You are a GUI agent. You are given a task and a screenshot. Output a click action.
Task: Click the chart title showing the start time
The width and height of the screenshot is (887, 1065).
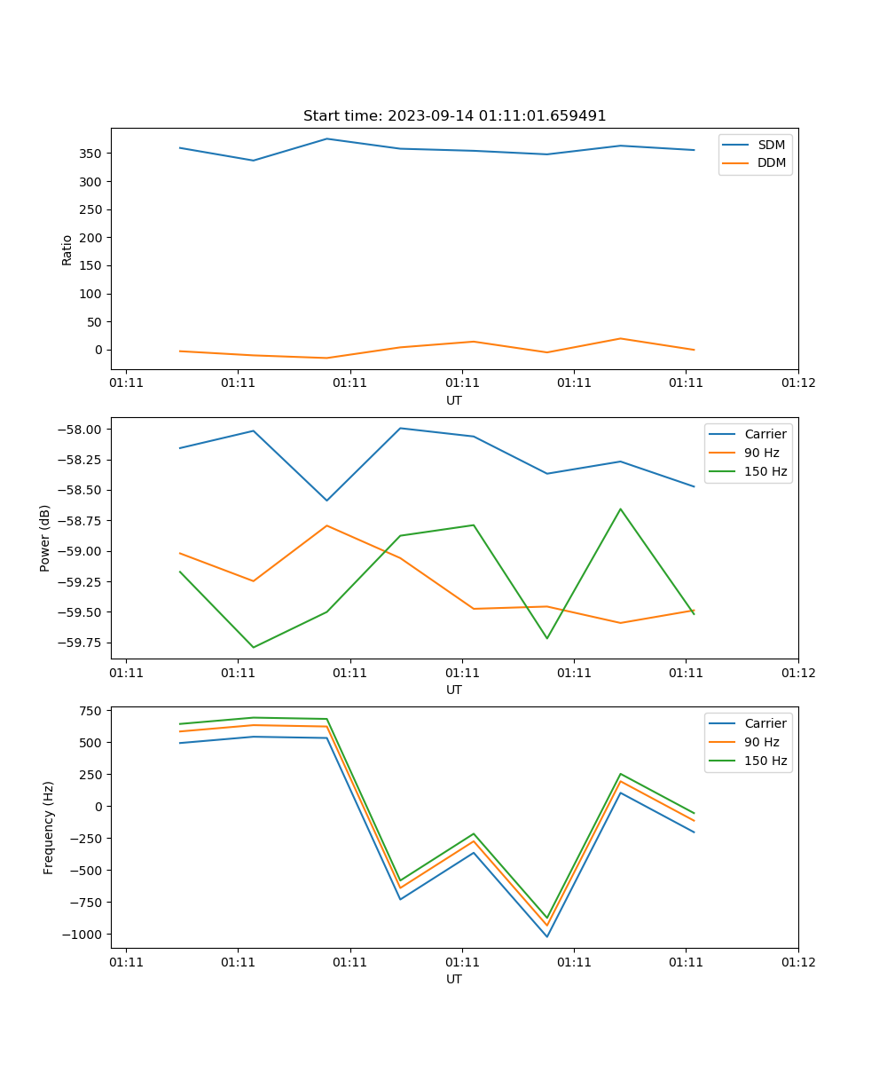point(454,116)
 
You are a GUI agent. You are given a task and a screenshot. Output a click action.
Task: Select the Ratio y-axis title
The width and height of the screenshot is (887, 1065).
point(67,249)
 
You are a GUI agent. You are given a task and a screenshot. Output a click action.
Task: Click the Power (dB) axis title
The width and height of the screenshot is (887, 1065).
point(45,538)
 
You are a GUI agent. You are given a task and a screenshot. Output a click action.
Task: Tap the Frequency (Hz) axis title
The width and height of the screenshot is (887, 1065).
point(49,827)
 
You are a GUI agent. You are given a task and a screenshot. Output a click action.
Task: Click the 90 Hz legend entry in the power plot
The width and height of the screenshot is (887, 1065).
point(762,453)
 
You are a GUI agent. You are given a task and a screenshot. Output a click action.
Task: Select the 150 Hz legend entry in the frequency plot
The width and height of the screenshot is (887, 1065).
point(765,761)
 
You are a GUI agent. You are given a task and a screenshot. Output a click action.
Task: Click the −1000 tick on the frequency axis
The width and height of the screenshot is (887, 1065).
point(83,935)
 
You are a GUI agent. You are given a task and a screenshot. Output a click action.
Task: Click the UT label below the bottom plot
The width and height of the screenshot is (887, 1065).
point(454,979)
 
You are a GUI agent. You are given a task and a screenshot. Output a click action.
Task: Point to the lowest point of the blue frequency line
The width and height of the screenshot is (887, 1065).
point(546,936)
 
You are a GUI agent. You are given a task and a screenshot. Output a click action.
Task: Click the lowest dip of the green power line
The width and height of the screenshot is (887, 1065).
point(254,647)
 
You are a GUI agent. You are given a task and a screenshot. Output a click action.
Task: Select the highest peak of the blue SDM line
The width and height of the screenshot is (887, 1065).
point(326,138)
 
